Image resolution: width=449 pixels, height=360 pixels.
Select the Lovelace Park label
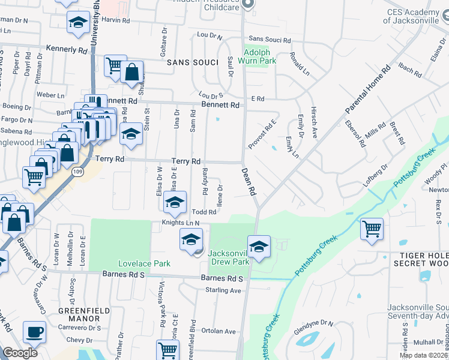tap(144, 263)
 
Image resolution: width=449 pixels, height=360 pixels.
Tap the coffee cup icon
tap(34, 332)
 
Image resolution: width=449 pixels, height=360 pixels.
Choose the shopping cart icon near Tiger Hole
tap(372, 229)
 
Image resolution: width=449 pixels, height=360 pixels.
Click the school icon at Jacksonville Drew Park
tap(259, 246)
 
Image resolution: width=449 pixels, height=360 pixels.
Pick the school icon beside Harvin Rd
tap(77, 22)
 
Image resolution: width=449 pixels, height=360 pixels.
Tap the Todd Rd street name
tap(205, 212)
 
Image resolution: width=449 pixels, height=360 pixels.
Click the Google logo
tap(20, 353)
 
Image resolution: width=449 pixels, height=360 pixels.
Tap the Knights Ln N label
tap(180, 223)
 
